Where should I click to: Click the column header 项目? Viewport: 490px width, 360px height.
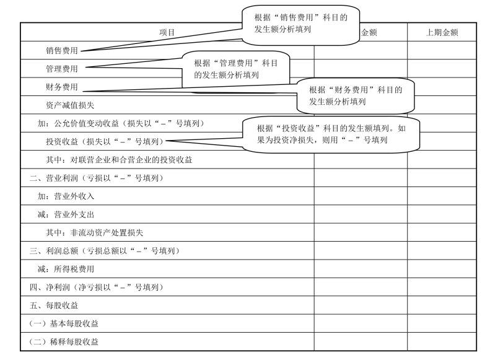pos(167,32)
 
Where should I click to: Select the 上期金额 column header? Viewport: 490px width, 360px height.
pos(442,32)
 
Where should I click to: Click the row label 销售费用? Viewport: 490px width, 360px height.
pos(61,51)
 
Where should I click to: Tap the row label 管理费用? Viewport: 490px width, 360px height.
pos(61,69)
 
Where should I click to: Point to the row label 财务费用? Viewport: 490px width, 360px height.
pos(61,87)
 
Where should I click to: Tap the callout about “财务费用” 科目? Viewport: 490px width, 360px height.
pos(355,95)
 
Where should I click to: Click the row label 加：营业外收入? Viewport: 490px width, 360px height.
pos(66,196)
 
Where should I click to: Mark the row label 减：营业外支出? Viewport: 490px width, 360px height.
pos(66,214)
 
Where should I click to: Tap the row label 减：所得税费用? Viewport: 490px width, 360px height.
pos(66,270)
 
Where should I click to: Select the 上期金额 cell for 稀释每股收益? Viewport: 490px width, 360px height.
pos(442,342)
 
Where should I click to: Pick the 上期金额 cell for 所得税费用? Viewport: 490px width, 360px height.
pos(442,270)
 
